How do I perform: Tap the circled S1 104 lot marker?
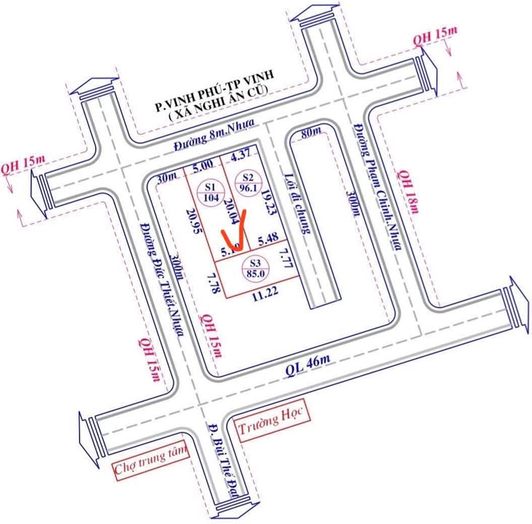[x=212, y=191]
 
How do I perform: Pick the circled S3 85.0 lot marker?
[x=254, y=269]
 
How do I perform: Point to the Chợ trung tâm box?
[x=150, y=461]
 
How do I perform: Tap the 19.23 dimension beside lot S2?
[x=271, y=202]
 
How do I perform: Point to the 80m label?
[x=310, y=133]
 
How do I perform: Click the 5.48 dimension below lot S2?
[x=269, y=239]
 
